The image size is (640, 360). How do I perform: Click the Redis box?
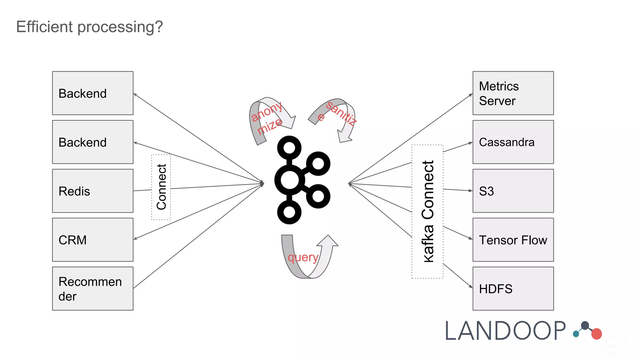(92, 191)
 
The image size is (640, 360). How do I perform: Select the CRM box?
(92, 240)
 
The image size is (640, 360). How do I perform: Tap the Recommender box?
(92, 288)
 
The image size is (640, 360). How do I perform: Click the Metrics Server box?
(513, 93)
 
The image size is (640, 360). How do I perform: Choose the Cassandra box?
(513, 142)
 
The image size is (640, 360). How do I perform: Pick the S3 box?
(513, 191)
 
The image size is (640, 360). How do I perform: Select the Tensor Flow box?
(513, 240)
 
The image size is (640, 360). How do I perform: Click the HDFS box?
(513, 288)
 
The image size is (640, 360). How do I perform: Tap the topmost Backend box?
(92, 93)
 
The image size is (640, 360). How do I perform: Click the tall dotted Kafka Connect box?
(427, 212)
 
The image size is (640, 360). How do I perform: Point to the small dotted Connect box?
(161, 187)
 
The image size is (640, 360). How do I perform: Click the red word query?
(303, 257)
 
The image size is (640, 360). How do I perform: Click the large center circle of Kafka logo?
(289, 180)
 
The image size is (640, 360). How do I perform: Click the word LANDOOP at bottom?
(505, 331)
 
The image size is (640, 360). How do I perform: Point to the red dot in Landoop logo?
(596, 334)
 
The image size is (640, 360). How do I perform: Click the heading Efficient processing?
(90, 27)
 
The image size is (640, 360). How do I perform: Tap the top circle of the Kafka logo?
(289, 147)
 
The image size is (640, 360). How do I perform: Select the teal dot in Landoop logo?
(576, 334)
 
